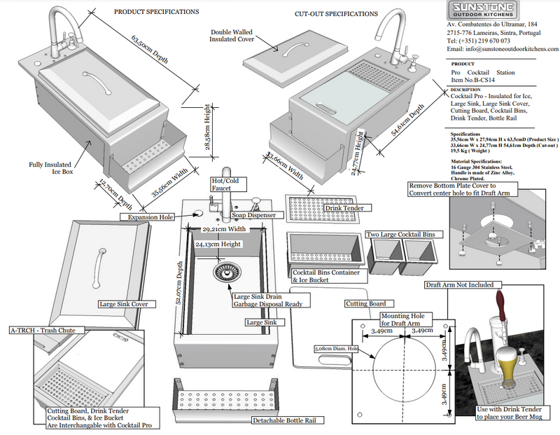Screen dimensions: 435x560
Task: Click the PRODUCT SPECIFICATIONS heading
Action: pos(156,12)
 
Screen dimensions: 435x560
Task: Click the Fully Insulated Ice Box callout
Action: pos(51,169)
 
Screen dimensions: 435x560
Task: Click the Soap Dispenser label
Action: pos(254,215)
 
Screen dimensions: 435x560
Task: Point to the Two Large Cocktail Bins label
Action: pos(401,234)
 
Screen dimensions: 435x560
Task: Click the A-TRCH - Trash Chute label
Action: pos(47,329)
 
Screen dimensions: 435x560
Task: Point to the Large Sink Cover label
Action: pos(124,305)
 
